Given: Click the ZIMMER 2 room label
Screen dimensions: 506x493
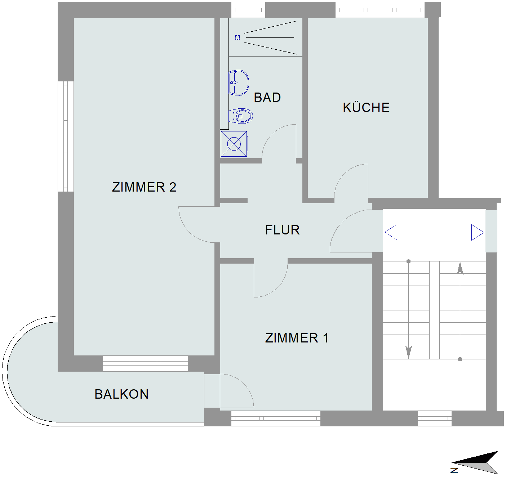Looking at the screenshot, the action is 144,187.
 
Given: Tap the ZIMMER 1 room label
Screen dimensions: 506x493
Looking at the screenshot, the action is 297,338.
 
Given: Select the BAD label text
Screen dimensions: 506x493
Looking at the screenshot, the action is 267,98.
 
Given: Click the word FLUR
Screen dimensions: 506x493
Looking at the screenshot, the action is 283,230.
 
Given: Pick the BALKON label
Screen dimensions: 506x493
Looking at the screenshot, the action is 121,394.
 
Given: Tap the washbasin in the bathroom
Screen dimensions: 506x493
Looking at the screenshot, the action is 239,82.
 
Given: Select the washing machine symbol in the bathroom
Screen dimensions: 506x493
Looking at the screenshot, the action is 234,144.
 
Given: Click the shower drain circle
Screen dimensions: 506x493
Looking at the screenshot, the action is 238,37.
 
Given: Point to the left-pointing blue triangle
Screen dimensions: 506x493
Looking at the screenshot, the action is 391,232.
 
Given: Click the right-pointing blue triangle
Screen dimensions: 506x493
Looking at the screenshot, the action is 478,232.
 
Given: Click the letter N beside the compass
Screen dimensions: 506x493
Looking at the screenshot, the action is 454,470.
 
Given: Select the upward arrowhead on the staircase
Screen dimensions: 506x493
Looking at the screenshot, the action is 460,268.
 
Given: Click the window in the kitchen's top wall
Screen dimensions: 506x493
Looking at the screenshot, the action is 380,10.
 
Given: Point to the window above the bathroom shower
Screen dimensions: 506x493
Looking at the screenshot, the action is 248,10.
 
